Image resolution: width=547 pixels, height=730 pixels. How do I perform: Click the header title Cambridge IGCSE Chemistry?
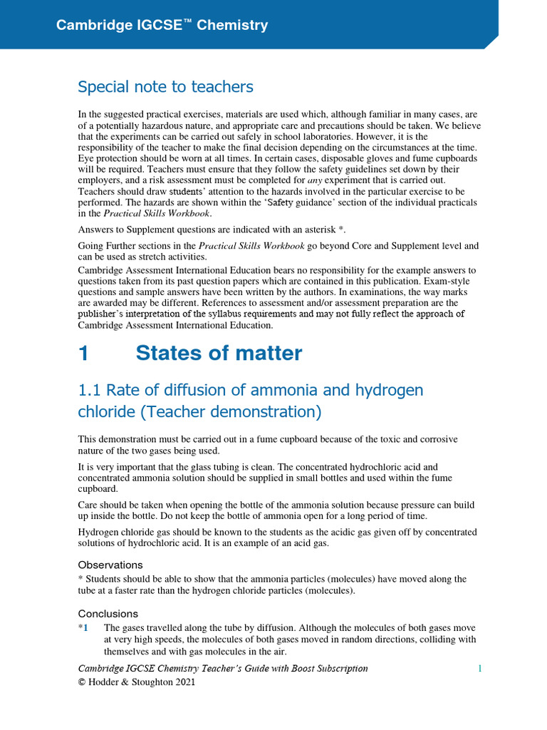(x=162, y=26)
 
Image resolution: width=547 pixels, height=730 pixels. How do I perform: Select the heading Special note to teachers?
(x=165, y=87)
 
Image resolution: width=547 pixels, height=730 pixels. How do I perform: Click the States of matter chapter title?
(x=219, y=354)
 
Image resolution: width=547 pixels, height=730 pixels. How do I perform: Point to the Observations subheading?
(x=110, y=565)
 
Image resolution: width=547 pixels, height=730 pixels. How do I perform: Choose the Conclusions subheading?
(x=108, y=614)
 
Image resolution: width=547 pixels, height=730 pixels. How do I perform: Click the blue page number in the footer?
(x=480, y=669)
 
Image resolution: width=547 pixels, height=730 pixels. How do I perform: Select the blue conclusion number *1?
(x=84, y=628)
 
